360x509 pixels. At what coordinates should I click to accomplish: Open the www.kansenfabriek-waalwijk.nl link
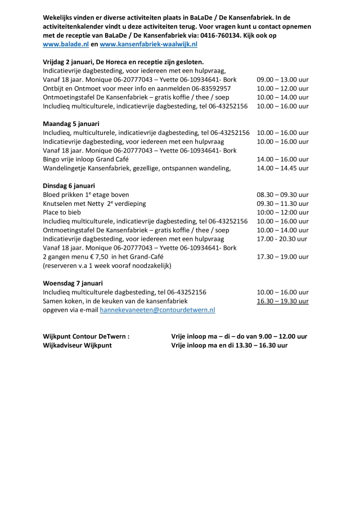click(x=148, y=43)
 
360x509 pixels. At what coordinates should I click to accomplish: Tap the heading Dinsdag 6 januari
click(x=69, y=186)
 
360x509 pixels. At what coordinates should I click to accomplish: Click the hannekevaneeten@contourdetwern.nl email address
click(x=157, y=310)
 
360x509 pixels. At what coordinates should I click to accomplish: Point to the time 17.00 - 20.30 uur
click(x=282, y=239)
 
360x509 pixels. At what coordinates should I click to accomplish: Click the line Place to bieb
click(x=62, y=213)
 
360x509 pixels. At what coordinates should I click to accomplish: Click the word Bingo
click(x=52, y=159)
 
